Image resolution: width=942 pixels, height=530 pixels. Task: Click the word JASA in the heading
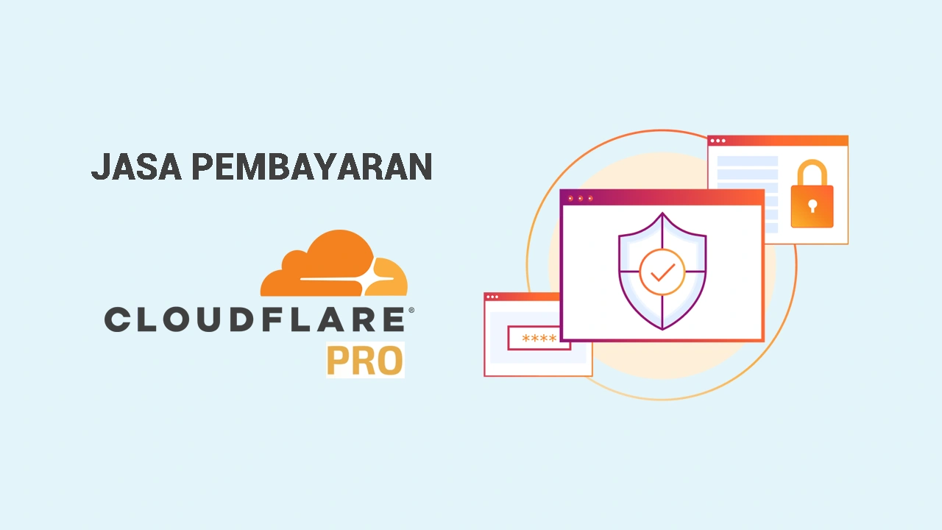pyautogui.click(x=137, y=166)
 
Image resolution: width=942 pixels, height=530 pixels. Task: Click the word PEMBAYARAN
pyautogui.click(x=312, y=166)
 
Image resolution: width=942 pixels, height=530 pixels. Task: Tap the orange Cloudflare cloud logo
pyautogui.click(x=334, y=263)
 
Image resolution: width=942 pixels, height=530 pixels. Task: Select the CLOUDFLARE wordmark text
pyautogui.click(x=255, y=319)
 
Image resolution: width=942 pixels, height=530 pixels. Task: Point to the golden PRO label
pyautogui.click(x=365, y=361)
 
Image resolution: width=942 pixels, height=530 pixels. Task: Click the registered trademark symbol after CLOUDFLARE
pyautogui.click(x=411, y=311)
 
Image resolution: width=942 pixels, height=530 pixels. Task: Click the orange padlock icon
pyautogui.click(x=812, y=194)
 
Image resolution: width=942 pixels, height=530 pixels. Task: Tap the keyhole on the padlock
pyautogui.click(x=812, y=206)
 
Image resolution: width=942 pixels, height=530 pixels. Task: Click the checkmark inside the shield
pyautogui.click(x=663, y=272)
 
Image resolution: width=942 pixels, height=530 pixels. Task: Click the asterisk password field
pyautogui.click(x=539, y=338)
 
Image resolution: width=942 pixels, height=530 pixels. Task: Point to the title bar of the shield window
pyautogui.click(x=662, y=198)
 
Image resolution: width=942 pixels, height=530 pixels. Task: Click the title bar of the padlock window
pyautogui.click(x=778, y=141)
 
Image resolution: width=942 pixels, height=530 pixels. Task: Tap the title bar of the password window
pyautogui.click(x=522, y=297)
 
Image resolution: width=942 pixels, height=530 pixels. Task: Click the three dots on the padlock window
pyautogui.click(x=718, y=141)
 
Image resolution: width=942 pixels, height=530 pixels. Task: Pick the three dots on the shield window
pyautogui.click(x=581, y=198)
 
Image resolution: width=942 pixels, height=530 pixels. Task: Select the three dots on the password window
pyautogui.click(x=492, y=297)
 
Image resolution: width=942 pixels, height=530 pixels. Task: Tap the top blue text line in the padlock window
pyautogui.click(x=747, y=161)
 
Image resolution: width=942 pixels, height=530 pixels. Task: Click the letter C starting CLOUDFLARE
pyautogui.click(x=116, y=319)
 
